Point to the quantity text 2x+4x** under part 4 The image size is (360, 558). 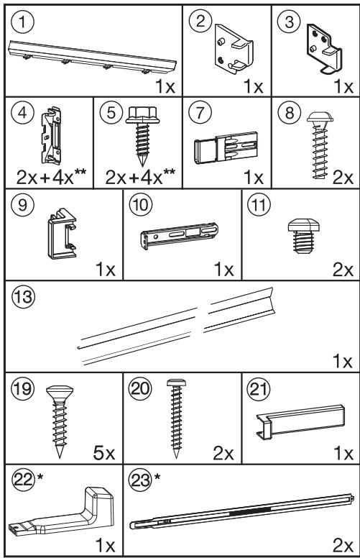(x=47, y=176)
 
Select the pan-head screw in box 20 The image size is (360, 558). (x=175, y=416)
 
